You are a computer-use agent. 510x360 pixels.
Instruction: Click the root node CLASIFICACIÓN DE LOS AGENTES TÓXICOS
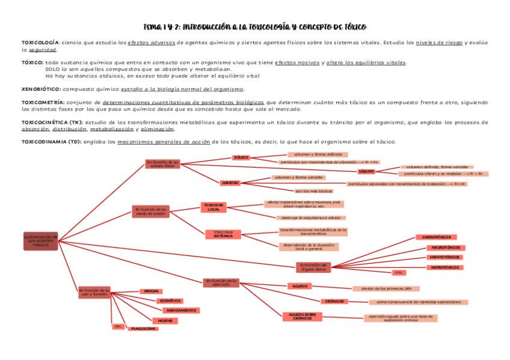pyautogui.click(x=40, y=241)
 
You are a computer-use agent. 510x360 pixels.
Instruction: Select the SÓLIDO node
pyautogui.click(x=241, y=157)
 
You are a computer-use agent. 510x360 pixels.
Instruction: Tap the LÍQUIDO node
pyautogui.click(x=366, y=171)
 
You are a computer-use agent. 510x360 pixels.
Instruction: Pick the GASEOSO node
pyautogui.click(x=230, y=182)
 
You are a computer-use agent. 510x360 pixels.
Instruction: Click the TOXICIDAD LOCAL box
pyautogui.click(x=213, y=207)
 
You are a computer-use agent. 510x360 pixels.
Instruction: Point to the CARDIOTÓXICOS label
pyautogui.click(x=436, y=237)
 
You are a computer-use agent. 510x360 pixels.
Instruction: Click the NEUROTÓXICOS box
pyautogui.click(x=445, y=248)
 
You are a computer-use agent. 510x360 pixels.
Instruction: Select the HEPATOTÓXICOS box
pyautogui.click(x=444, y=257)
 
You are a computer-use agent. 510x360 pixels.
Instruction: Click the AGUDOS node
pyautogui.click(x=300, y=286)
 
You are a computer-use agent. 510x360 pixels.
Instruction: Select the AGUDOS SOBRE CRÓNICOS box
pyautogui.click(x=302, y=317)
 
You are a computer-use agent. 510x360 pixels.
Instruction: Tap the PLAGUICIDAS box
pyautogui.click(x=144, y=329)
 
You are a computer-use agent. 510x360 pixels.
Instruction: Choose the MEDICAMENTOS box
pyautogui.click(x=180, y=310)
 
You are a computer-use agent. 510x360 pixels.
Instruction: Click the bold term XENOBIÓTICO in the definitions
pyautogui.click(x=41, y=89)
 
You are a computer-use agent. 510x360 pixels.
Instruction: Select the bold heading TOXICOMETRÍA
pyautogui.click(x=43, y=102)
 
